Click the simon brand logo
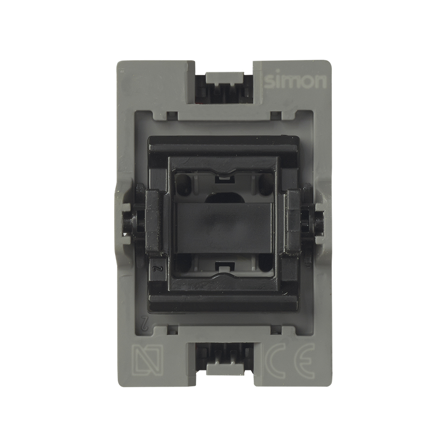pyautogui.click(x=295, y=81)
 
